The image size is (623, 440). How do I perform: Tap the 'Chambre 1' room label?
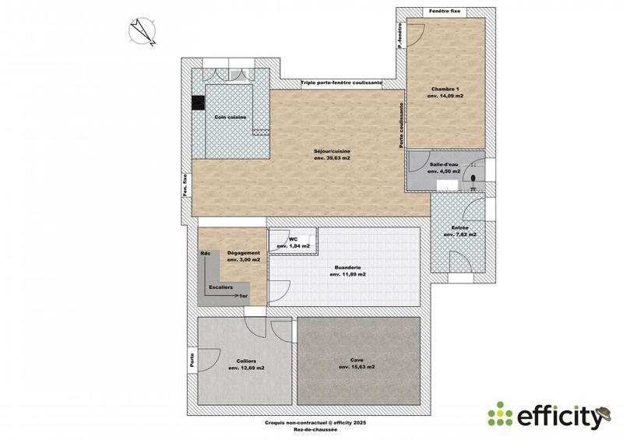445,90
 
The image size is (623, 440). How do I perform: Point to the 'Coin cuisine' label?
231,117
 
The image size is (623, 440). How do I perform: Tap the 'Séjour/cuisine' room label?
332,150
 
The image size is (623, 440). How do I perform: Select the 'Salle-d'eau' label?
445,165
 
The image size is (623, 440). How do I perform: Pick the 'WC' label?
293,239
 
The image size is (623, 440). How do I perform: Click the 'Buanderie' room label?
347,267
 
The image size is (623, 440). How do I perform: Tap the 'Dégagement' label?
242,253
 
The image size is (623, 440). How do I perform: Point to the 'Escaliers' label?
220,287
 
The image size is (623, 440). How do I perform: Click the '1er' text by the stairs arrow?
244,297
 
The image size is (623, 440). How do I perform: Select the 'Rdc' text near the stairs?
206,253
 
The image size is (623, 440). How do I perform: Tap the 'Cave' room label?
357,360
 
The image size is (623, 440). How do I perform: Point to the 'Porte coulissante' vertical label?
402,126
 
